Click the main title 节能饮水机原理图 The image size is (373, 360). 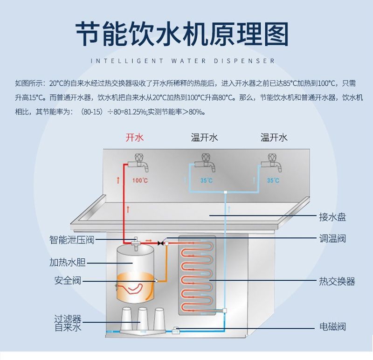pyautogui.click(x=182, y=35)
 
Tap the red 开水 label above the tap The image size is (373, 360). pyautogui.click(x=134, y=137)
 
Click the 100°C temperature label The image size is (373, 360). pyautogui.click(x=140, y=180)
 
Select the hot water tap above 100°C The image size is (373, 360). pyautogui.click(x=138, y=161)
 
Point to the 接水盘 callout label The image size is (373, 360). pyautogui.click(x=332, y=217)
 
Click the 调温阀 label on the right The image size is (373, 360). pyautogui.click(x=332, y=238)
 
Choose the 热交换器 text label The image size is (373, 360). pyautogui.click(x=337, y=281)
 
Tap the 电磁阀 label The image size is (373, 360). pyautogui.click(x=332, y=326)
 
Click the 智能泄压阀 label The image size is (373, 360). pyautogui.click(x=72, y=240)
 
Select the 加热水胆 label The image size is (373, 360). pyautogui.click(x=68, y=262)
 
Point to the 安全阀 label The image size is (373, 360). pyautogui.click(x=68, y=280)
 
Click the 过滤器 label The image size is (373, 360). pyautogui.click(x=68, y=319)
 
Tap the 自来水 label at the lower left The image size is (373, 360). pyautogui.click(x=68, y=327)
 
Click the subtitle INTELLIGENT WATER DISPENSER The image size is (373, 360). pyautogui.click(x=182, y=61)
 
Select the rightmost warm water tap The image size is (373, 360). pyautogui.click(x=272, y=161)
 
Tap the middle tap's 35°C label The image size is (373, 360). pyautogui.click(x=206, y=180)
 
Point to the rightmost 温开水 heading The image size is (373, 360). pyautogui.click(x=274, y=137)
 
